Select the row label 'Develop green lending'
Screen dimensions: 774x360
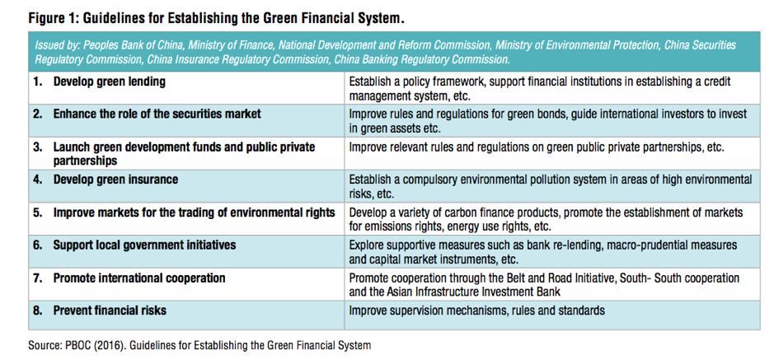point(109,82)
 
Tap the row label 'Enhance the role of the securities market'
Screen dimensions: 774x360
point(157,114)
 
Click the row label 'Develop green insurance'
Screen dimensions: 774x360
point(115,180)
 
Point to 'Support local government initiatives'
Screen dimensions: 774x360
point(144,245)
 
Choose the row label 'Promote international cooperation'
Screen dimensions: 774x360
point(139,278)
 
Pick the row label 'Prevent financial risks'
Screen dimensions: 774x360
point(110,311)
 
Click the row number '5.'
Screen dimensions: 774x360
point(38,213)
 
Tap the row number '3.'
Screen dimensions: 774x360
point(38,147)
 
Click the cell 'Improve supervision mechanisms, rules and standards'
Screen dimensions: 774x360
point(476,311)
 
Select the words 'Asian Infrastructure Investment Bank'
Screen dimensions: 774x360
point(473,292)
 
